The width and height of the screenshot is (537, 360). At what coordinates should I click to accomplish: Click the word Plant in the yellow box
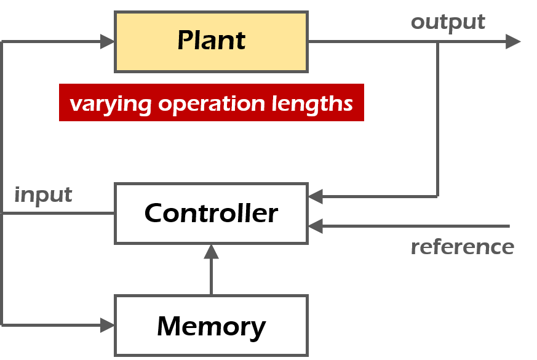click(x=211, y=41)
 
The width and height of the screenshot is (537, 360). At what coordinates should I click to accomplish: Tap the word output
click(x=448, y=22)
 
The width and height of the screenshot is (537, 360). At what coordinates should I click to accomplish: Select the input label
click(x=43, y=195)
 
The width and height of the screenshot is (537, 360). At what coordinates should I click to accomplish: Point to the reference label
click(x=462, y=247)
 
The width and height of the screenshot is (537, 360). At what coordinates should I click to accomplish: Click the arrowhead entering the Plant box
click(x=108, y=42)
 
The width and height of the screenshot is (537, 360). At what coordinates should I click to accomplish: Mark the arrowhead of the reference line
click(x=316, y=226)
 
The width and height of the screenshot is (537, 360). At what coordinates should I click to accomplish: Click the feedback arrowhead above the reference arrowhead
click(x=316, y=197)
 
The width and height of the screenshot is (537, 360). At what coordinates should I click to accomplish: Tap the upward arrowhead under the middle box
click(x=211, y=251)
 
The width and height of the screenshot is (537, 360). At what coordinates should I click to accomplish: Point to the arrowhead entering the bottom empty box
click(x=108, y=325)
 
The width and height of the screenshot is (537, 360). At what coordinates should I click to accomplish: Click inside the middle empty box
click(x=211, y=213)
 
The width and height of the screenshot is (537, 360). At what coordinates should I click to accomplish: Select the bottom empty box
click(x=211, y=325)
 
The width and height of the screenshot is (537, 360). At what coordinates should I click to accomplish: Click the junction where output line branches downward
click(x=437, y=42)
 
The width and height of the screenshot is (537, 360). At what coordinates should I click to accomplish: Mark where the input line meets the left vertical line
click(x=3, y=214)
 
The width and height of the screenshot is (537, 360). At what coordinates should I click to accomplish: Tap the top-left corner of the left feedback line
click(x=3, y=42)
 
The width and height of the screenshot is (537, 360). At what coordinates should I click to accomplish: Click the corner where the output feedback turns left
click(x=437, y=197)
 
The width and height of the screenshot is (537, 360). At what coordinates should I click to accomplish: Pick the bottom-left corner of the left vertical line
click(x=3, y=325)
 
